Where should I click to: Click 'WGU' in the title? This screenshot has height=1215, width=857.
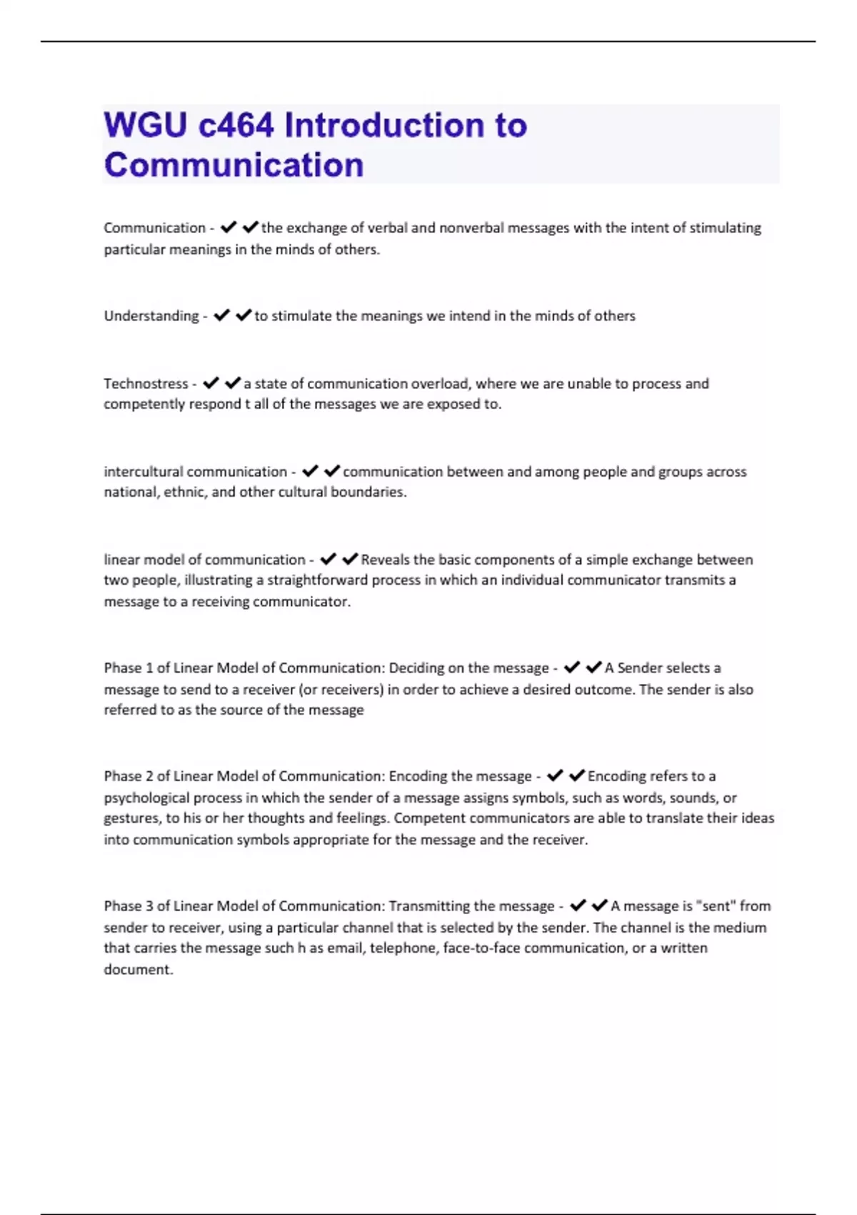coord(145,125)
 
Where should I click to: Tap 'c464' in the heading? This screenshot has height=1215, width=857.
coord(236,125)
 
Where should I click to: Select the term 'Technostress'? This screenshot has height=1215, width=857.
coord(146,384)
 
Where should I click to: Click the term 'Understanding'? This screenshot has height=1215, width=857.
coord(151,316)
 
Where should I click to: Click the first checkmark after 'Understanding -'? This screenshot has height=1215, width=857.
coord(222,315)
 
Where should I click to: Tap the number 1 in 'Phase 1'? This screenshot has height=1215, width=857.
coord(149,668)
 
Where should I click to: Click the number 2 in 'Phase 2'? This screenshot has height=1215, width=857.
coord(149,776)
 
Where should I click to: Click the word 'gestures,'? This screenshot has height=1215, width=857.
coord(132,818)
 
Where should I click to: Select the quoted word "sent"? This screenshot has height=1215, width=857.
coord(716,906)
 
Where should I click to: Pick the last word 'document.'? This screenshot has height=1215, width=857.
coord(139,970)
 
